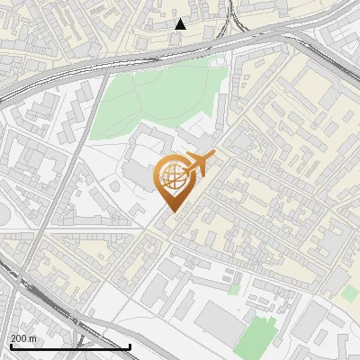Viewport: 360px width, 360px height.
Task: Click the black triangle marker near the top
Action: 181,24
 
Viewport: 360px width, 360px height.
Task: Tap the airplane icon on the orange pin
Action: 197,164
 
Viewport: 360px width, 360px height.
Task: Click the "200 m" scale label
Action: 23,338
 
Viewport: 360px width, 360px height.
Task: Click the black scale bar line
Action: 70,346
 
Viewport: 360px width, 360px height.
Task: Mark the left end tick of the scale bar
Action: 11,345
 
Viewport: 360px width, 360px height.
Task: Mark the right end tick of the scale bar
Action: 130,345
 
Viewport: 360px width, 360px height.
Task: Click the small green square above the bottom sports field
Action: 235,289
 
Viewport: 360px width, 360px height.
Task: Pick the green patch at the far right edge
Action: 349,293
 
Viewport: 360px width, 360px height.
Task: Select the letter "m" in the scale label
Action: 32,338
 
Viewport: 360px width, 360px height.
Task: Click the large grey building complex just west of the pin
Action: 135,166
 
